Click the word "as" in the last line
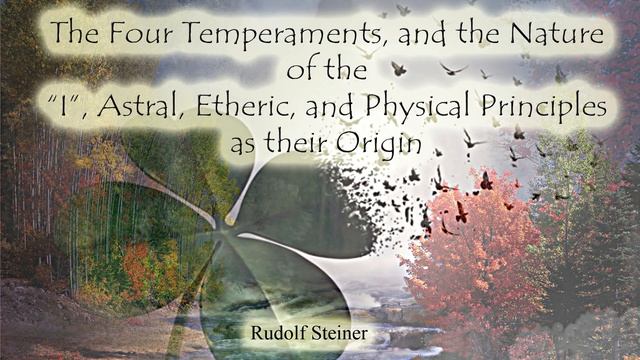[244, 143]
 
